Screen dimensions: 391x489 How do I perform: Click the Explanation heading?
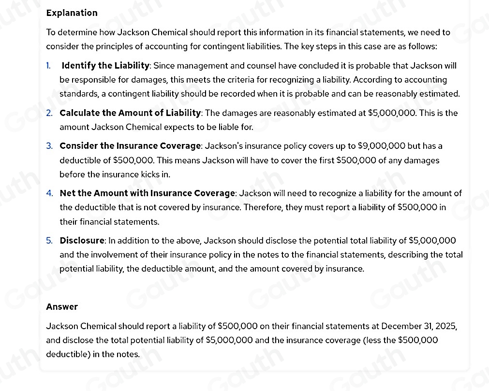pyautogui.click(x=72, y=13)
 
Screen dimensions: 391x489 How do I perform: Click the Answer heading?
pyautogui.click(x=62, y=307)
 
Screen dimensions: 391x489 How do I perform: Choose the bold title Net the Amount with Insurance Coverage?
pyautogui.click(x=147, y=194)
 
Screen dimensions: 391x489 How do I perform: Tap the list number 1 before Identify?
pyautogui.click(x=49, y=66)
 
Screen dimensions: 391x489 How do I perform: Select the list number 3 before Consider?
pyautogui.click(x=50, y=146)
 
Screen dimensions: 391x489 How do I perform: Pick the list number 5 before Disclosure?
pyautogui.click(x=50, y=241)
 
